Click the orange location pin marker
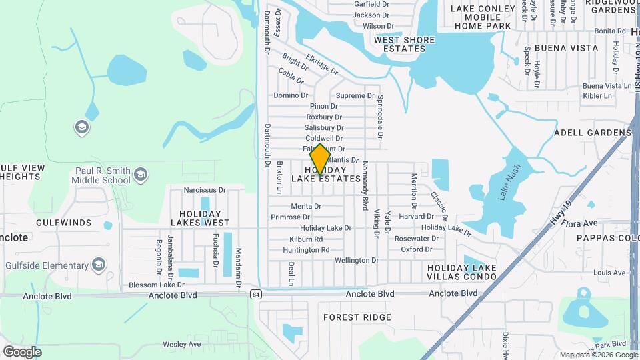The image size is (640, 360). coord(320,159)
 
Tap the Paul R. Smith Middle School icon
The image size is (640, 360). coord(140,175)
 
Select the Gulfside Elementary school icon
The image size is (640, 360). coord(99,265)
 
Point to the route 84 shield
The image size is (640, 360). coord(256,293)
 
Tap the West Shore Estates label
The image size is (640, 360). coord(404,44)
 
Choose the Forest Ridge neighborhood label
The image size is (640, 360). coord(357,317)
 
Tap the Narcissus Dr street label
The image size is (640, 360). coord(205,190)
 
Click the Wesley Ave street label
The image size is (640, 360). coord(182,345)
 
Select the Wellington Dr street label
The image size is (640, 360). coord(356,261)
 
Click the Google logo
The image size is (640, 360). coord(22,352)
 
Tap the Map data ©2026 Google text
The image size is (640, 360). coord(598,355)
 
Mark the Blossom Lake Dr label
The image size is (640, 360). coord(152,285)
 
